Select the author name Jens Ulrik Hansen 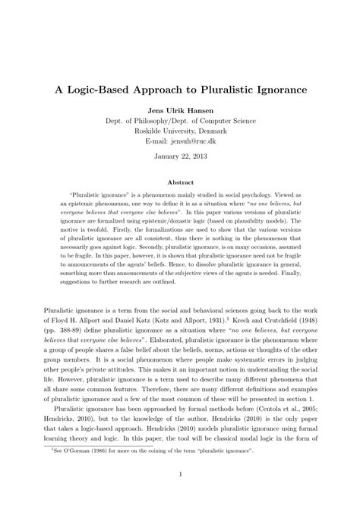(x=179, y=111)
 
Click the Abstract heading (x=179, y=182)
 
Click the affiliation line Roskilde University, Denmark (x=180, y=131)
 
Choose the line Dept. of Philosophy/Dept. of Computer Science (x=180, y=121)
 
